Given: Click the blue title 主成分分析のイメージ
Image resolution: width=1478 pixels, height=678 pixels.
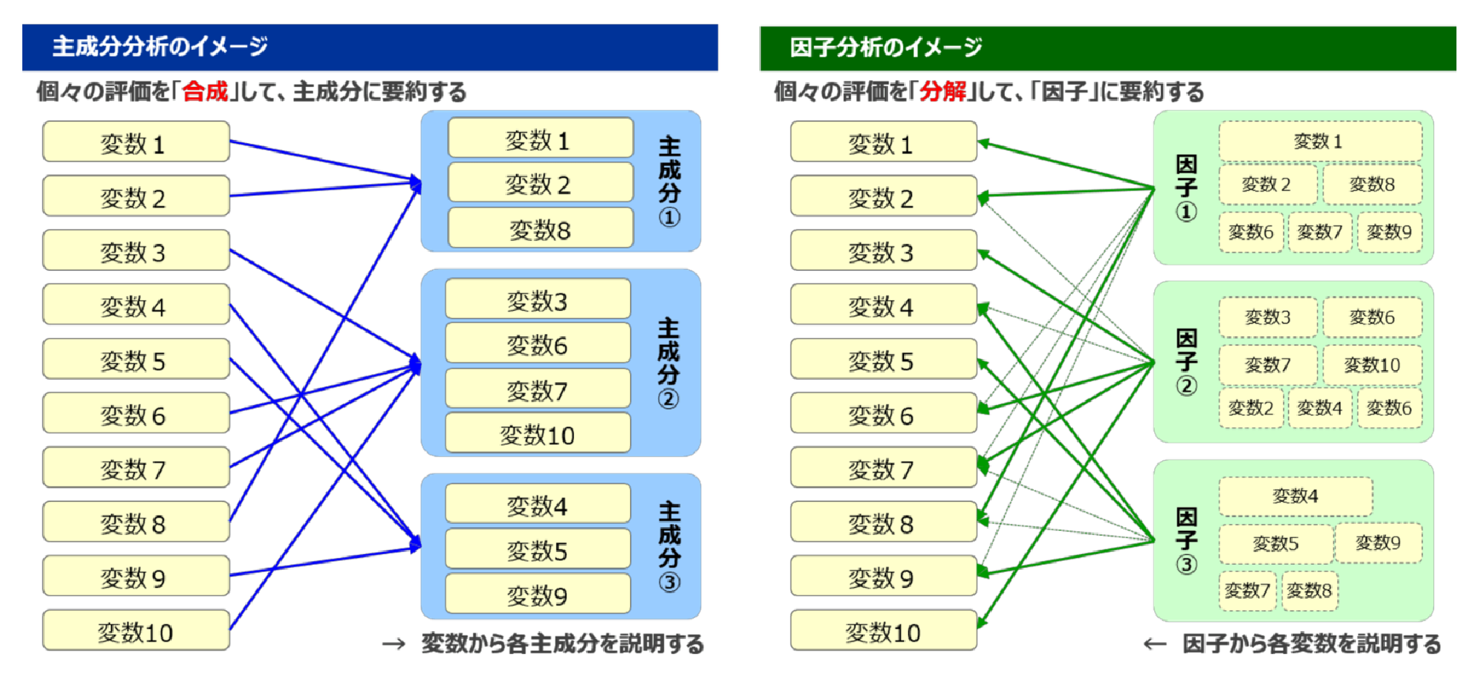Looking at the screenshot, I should click(x=159, y=47).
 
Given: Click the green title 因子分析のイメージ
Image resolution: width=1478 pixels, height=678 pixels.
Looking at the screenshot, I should click(x=886, y=48).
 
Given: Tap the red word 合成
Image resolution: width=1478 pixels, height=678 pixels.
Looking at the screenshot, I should click(x=205, y=92).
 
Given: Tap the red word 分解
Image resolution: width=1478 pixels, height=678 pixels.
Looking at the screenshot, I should click(x=943, y=92).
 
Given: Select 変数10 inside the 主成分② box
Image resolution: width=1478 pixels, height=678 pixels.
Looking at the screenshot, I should click(x=537, y=435).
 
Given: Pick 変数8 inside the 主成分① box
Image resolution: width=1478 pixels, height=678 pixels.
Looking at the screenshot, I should click(x=539, y=229).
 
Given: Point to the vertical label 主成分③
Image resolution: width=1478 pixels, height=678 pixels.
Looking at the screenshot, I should click(x=669, y=546).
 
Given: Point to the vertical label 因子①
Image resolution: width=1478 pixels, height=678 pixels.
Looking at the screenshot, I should click(x=1186, y=187).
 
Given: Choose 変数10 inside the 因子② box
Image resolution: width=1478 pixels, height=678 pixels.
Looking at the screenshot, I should click(x=1371, y=365).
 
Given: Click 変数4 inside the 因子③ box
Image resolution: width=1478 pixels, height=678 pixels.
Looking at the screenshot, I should click(x=1295, y=496).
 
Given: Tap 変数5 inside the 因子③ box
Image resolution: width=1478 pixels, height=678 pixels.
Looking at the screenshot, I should click(x=1275, y=543).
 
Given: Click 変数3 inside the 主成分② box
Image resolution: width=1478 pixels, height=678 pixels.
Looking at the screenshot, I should click(x=537, y=300).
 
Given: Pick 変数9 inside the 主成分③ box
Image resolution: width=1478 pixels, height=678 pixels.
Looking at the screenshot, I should click(x=537, y=595).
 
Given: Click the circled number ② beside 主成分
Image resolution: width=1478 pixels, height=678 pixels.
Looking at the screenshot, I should click(x=668, y=399).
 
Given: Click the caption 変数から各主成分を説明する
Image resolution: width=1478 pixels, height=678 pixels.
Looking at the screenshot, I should click(x=562, y=643).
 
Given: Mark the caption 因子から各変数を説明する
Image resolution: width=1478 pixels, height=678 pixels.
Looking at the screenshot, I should click(x=1311, y=643).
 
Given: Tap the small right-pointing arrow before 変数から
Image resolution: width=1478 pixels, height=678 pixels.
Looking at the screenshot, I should click(x=394, y=644).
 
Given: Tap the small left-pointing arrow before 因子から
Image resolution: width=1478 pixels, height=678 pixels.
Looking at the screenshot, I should click(x=1155, y=644).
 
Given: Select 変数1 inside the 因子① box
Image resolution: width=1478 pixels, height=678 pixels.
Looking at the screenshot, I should click(x=1318, y=142).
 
